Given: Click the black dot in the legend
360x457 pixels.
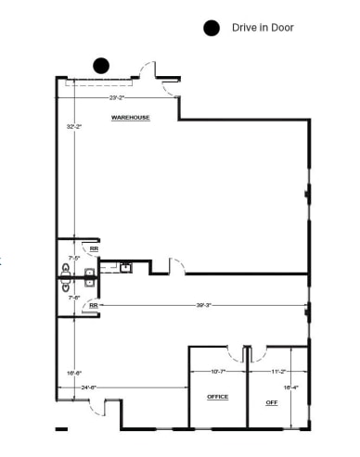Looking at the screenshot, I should click(x=212, y=28).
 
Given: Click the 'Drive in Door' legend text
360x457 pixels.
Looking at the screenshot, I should click(x=263, y=28).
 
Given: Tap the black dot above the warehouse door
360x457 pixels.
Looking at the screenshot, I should click(x=100, y=65).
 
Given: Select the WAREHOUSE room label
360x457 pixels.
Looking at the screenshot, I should click(x=131, y=118).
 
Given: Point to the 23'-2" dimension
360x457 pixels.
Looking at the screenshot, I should click(x=117, y=96).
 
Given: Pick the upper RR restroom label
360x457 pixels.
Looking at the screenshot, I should click(x=94, y=248).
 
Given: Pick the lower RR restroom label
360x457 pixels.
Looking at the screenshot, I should click(x=94, y=304).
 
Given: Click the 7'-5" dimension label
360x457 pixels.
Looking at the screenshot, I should click(x=74, y=258).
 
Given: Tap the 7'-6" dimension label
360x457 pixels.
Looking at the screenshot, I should click(x=74, y=297).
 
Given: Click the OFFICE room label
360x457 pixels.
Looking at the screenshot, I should click(x=217, y=396).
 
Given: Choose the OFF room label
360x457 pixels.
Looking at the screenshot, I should click(x=272, y=402).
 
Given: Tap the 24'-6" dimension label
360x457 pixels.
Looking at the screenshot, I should click(x=90, y=387).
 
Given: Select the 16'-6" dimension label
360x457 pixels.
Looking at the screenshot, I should click(x=74, y=372).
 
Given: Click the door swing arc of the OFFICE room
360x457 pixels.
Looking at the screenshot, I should click(x=234, y=354).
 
